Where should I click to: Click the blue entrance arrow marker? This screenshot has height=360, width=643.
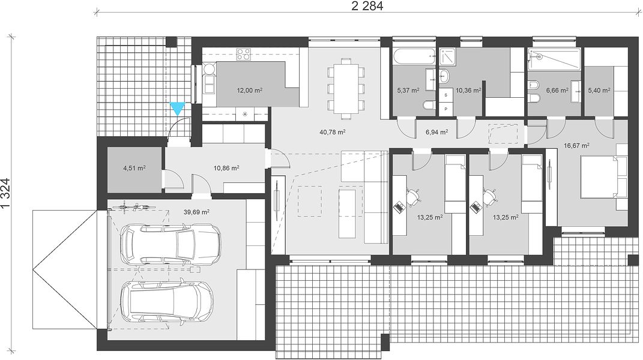click(x=178, y=109)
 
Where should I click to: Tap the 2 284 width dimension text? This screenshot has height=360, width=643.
click(x=367, y=6)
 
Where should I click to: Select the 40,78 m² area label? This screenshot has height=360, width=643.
click(x=332, y=132)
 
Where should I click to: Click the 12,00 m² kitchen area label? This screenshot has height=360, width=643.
click(x=249, y=91)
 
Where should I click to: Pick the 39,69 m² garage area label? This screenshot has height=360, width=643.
click(x=196, y=212)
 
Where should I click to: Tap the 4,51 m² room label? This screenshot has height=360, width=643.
click(x=134, y=167)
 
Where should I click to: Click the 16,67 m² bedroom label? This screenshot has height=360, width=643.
click(x=576, y=145)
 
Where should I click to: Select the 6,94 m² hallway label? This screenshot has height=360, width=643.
click(x=436, y=132)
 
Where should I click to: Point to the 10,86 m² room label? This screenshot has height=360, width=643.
click(x=226, y=167)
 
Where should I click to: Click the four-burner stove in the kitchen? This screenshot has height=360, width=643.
click(x=244, y=54)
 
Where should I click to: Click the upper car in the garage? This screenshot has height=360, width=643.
click(x=170, y=244)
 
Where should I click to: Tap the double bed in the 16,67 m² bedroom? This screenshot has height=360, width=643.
click(x=602, y=178)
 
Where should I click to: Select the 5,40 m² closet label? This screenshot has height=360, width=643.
click(x=599, y=91)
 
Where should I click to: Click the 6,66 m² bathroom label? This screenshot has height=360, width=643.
click(x=557, y=91)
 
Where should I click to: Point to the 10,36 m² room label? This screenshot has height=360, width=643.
click(x=468, y=91)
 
